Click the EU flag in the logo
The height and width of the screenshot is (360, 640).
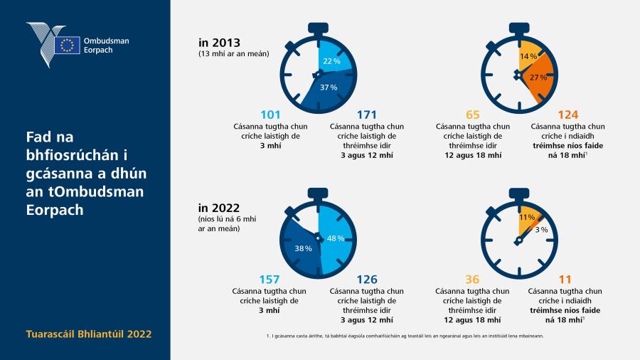[67, 45]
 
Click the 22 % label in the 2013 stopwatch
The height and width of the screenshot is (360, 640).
[332, 61]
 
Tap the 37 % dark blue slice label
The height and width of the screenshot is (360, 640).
[329, 88]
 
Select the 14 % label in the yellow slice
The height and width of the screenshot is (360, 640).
[528, 56]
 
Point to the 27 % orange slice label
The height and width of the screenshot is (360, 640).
[538, 77]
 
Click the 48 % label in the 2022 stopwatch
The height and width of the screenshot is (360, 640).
[336, 238]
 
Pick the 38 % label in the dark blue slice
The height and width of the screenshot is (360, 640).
[303, 248]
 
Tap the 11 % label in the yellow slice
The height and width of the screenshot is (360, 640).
[527, 218]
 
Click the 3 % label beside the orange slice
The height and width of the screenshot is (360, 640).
[542, 230]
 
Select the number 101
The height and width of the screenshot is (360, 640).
[271, 115]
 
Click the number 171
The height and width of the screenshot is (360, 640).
[366, 115]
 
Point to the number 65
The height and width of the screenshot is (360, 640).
[473, 115]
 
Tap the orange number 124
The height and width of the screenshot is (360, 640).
[568, 115]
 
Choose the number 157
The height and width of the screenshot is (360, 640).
[270, 280]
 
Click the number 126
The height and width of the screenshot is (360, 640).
[367, 280]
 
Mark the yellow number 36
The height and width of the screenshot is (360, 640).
[472, 280]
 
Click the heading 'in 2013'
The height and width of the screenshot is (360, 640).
[219, 43]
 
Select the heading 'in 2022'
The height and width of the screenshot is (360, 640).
[219, 208]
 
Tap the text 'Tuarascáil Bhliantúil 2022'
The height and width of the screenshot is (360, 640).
[89, 334]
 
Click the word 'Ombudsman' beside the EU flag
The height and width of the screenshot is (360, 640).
[106, 41]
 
